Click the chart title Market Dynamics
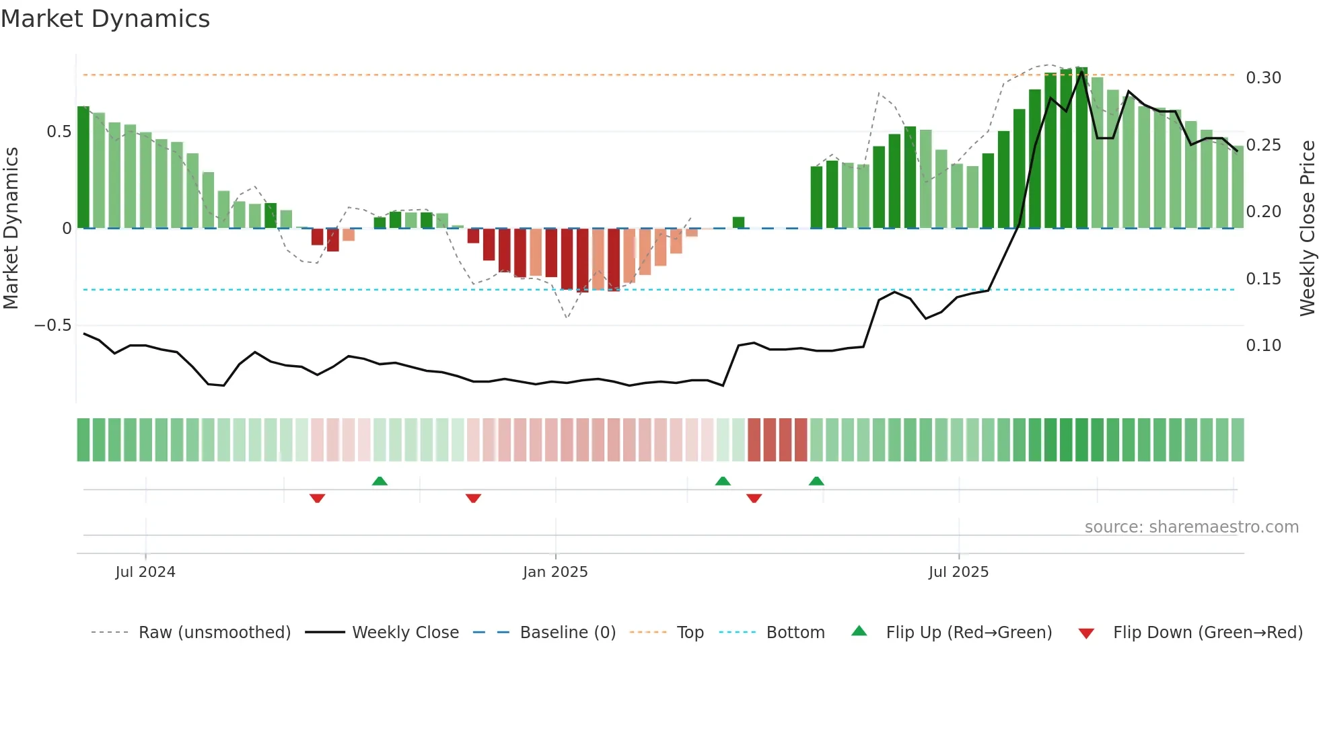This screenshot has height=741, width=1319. point(106,19)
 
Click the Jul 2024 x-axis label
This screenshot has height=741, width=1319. point(145,572)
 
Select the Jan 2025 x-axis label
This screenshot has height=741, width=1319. point(555,572)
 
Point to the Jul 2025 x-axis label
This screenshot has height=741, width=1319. point(958,572)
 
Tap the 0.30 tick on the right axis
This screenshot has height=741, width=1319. point(1263,78)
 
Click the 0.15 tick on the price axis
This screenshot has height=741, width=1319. point(1263,279)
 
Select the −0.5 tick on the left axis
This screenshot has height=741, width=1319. point(52,325)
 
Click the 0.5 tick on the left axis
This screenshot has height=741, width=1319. point(59,132)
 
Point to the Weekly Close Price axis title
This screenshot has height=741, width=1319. point(1307,229)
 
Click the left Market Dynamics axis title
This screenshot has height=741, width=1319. point(11,229)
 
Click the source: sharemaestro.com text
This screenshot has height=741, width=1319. point(1191,527)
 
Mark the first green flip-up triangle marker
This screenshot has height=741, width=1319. point(380,481)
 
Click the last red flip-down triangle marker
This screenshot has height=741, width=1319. point(754,498)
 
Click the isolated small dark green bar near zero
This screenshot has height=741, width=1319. point(738,223)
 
